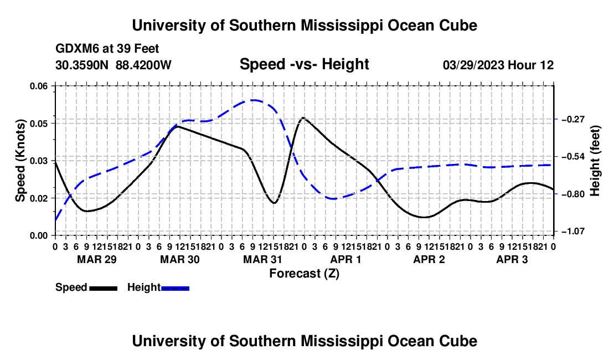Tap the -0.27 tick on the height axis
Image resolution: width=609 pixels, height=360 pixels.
click(x=573, y=119)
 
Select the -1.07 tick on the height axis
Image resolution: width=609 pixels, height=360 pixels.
click(x=573, y=232)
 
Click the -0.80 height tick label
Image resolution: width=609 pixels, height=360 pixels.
click(x=573, y=194)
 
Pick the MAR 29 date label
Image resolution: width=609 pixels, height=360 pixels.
click(x=97, y=259)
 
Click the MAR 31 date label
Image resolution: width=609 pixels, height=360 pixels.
click(x=262, y=259)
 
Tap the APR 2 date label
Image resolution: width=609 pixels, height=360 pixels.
click(x=429, y=259)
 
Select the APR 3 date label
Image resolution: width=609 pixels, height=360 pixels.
click(x=512, y=259)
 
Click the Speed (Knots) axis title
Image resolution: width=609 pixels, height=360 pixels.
click(x=20, y=161)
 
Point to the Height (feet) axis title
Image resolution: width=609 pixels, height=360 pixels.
click(x=595, y=161)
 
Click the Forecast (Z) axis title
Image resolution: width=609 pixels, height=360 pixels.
click(x=304, y=274)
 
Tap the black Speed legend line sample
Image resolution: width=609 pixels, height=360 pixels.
click(x=104, y=289)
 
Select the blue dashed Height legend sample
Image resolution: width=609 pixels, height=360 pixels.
click(x=175, y=289)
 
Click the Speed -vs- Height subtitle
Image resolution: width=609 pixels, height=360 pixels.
click(x=304, y=64)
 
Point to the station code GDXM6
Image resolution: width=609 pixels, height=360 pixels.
click(x=78, y=49)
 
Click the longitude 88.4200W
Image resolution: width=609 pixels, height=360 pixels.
click(x=143, y=65)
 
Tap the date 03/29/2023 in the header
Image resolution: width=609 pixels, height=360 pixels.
click(x=473, y=65)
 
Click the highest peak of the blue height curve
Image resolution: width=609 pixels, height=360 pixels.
click(x=253, y=100)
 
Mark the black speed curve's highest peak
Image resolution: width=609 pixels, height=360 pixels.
click(x=302, y=117)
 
